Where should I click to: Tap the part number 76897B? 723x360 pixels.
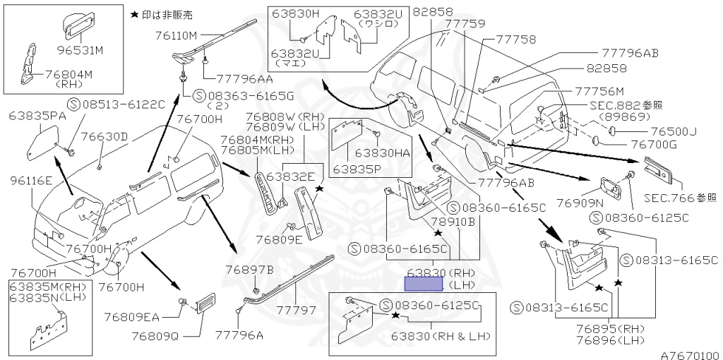tap(249, 269)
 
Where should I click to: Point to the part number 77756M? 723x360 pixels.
tap(599, 92)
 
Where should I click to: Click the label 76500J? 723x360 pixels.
tap(674, 131)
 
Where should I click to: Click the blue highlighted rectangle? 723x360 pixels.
tap(423, 284)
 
